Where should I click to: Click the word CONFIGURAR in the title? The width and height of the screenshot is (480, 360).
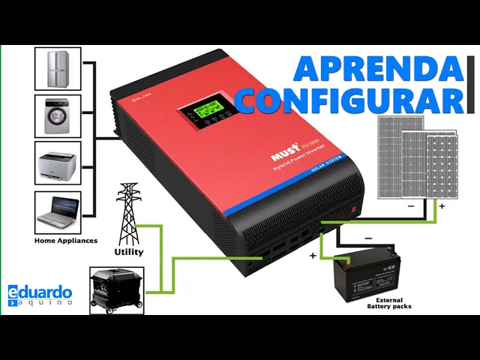(351, 100)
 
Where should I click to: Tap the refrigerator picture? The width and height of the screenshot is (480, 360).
(58, 68)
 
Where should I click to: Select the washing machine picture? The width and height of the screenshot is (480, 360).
(58, 115)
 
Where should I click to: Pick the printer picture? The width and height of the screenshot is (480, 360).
(58, 163)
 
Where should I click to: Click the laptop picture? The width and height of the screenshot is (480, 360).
(58, 211)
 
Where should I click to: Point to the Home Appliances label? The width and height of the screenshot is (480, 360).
(66, 241)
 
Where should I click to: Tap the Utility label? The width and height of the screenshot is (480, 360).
(128, 252)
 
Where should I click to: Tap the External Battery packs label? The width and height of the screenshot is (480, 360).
(388, 303)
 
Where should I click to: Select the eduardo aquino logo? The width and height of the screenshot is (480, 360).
(40, 295)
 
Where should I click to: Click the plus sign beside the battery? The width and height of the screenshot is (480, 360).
(313, 255)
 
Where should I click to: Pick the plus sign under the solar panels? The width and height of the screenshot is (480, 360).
(442, 205)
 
